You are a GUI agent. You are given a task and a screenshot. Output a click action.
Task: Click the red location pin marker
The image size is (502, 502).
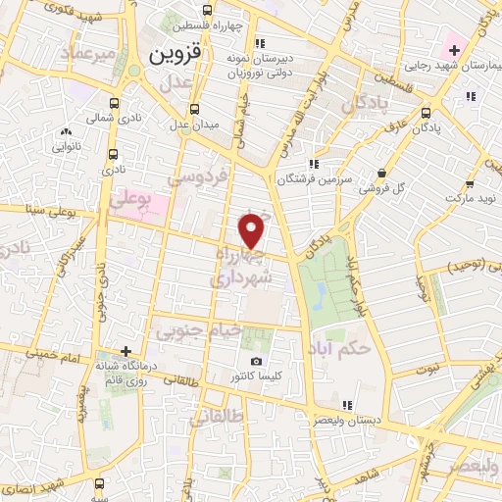tap(252, 231)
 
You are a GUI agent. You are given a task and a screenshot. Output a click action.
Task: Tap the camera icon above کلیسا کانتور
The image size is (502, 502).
tap(256, 361)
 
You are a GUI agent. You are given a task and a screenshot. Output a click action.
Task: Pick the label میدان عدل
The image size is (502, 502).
tap(193, 125)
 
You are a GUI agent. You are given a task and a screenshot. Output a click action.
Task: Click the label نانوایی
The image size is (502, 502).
tap(65, 147)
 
